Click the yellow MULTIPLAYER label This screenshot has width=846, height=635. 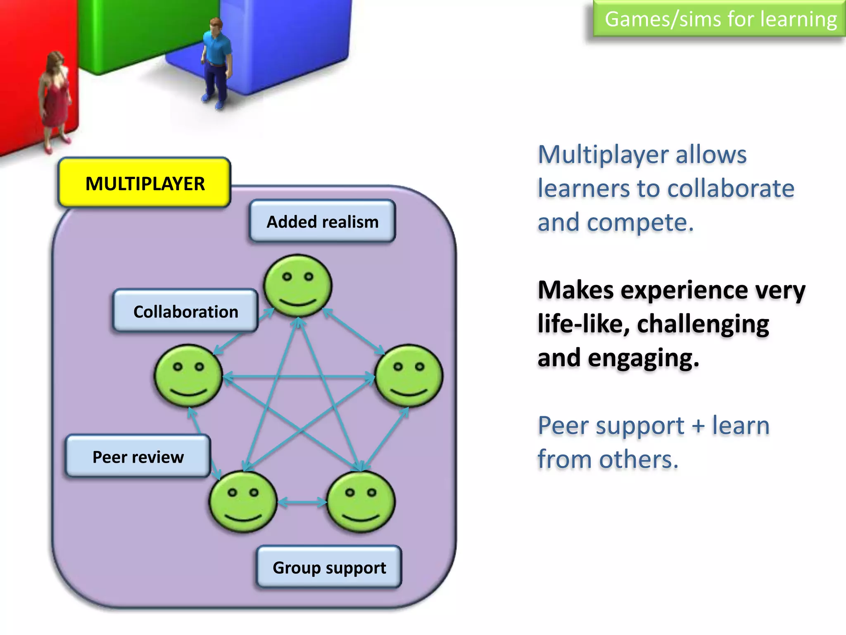[x=144, y=183]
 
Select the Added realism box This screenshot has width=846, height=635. [x=322, y=222]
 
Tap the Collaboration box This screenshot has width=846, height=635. [x=185, y=311]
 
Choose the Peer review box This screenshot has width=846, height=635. [x=138, y=456]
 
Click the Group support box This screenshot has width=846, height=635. [x=329, y=567]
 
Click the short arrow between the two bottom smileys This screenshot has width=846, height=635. [x=302, y=502]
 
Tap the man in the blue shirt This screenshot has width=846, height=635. [x=216, y=62]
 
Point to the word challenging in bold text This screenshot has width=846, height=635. [x=703, y=324]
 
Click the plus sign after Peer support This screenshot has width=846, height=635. [x=698, y=426]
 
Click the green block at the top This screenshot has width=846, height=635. [x=136, y=29]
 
